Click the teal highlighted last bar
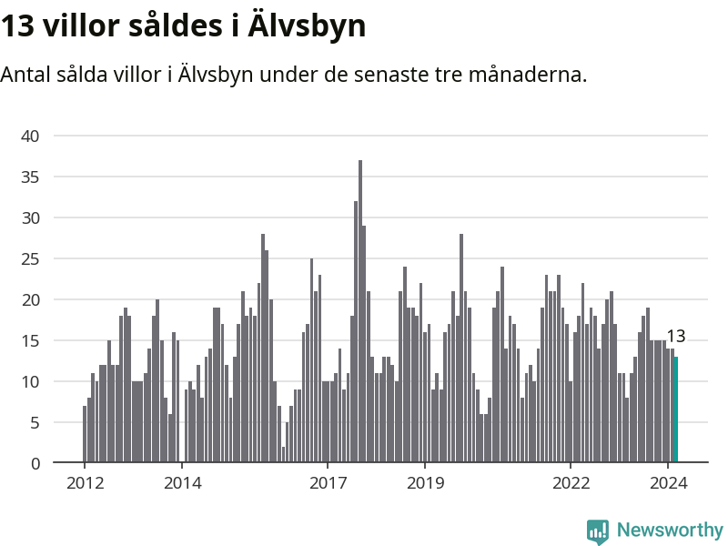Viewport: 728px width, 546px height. tap(676, 409)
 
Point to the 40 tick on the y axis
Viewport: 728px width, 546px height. tap(31, 136)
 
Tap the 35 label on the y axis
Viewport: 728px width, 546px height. tap(31, 177)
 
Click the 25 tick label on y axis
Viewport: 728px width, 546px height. tap(31, 258)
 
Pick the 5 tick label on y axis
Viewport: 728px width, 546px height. tap(35, 422)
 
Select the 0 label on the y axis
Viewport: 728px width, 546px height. tap(35, 463)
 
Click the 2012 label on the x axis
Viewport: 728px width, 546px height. tap(84, 483)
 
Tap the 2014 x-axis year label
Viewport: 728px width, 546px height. tap(182, 483)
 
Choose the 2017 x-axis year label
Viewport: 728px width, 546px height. tap(328, 483)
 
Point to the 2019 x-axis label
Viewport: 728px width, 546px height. tap(425, 483)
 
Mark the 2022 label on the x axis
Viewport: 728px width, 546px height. tap(571, 483)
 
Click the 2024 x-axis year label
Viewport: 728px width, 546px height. tap(668, 483)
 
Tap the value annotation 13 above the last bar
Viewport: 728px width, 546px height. tap(675, 337)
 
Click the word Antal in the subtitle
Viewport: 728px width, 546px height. tap(25, 75)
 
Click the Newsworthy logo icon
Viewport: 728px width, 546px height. tap(597, 531)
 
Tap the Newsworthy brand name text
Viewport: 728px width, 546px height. tap(670, 530)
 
